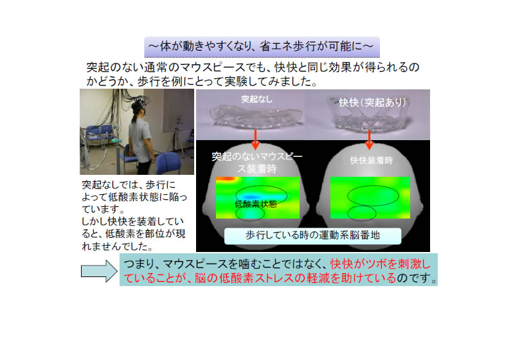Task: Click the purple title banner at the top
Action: pyautogui.click(x=262, y=47)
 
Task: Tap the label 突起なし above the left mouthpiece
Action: pyautogui.click(x=257, y=99)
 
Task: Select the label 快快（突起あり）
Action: pyautogui.click(x=372, y=102)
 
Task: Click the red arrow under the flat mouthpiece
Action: pyautogui.click(x=255, y=139)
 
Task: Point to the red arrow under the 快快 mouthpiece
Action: pyautogui.click(x=370, y=139)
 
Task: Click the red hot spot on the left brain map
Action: pyautogui.click(x=226, y=179)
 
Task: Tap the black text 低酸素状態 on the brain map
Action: pyautogui.click(x=256, y=204)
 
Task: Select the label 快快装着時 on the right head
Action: pyautogui.click(x=372, y=160)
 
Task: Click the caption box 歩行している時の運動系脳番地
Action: pyautogui.click(x=312, y=236)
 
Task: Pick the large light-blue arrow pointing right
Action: pyautogui.click(x=99, y=271)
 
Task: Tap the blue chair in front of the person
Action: pyautogui.click(x=168, y=163)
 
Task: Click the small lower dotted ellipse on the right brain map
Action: pyautogui.click(x=361, y=213)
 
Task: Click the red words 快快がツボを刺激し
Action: pyautogui.click(x=381, y=264)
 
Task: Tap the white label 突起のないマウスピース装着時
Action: pyautogui.click(x=257, y=163)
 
